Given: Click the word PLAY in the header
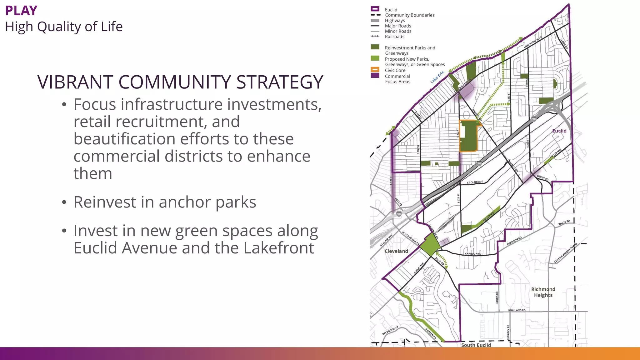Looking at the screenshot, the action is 21,11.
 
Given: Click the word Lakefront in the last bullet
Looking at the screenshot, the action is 279,248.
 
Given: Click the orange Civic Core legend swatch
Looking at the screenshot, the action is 375,70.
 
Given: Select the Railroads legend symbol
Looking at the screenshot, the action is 375,37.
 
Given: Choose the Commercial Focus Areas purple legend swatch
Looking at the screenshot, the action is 375,76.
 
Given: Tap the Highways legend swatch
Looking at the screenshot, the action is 375,21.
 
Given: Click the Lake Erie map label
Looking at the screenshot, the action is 437,77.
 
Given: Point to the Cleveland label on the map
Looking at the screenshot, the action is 396,251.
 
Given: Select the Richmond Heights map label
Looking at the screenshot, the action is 543,292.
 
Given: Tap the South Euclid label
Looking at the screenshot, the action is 476,345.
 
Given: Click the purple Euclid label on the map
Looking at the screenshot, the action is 559,131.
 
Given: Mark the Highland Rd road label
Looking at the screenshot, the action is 517,310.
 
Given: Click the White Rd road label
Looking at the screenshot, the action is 564,223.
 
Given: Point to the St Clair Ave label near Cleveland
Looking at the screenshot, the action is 386,240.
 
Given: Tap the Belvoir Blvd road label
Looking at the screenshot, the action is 390,330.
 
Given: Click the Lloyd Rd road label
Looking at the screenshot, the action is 564,44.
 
